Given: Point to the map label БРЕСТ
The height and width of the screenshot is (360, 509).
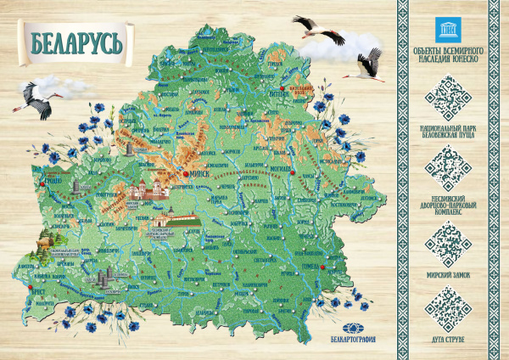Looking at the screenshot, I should tap(38, 290).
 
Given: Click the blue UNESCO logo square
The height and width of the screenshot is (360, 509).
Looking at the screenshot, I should tap(445, 26).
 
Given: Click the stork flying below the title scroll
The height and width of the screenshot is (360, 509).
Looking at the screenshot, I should tap(41, 98).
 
